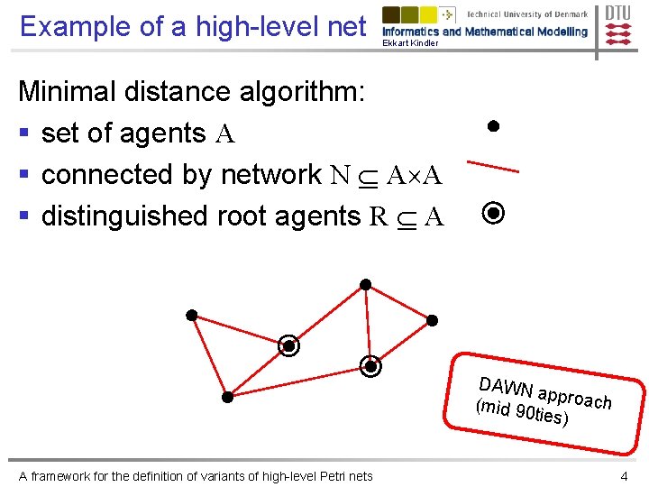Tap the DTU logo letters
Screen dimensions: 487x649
click(x=617, y=13)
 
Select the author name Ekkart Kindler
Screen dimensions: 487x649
click(x=410, y=43)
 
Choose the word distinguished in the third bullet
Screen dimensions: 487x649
click(x=125, y=216)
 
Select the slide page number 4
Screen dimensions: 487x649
click(x=624, y=475)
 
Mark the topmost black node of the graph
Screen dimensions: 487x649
click(x=365, y=285)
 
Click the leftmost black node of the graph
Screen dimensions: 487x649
click(x=192, y=315)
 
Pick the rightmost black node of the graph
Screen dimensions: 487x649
click(x=432, y=320)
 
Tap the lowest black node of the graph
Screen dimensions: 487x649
click(x=228, y=396)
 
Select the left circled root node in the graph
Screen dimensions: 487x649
click(x=288, y=345)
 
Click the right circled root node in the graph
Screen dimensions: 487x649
click(x=370, y=365)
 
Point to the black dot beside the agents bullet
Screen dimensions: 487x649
click(x=493, y=126)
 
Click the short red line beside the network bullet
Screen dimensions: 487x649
click(x=492, y=166)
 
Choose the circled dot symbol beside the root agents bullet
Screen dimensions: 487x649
click(x=493, y=214)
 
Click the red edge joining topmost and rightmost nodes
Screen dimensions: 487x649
click(x=398, y=303)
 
